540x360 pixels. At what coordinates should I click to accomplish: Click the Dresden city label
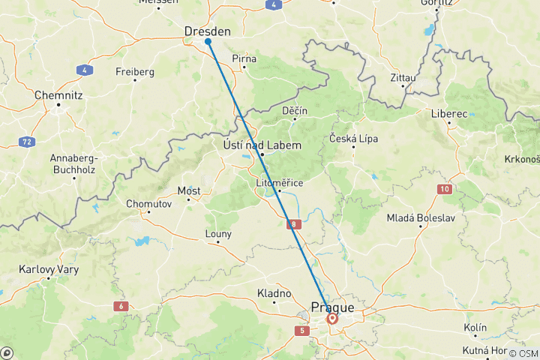click(207, 31)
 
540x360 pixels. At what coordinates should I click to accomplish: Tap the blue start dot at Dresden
click(208, 41)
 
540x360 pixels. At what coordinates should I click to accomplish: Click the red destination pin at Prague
click(331, 318)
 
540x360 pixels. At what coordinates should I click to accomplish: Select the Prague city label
click(332, 307)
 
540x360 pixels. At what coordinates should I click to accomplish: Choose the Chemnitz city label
click(58, 95)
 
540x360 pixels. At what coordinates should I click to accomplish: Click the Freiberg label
click(135, 72)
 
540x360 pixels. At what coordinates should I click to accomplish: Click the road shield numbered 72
click(26, 141)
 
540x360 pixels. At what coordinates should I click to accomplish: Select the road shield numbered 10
click(445, 189)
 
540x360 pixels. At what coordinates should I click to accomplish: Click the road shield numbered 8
click(295, 223)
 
